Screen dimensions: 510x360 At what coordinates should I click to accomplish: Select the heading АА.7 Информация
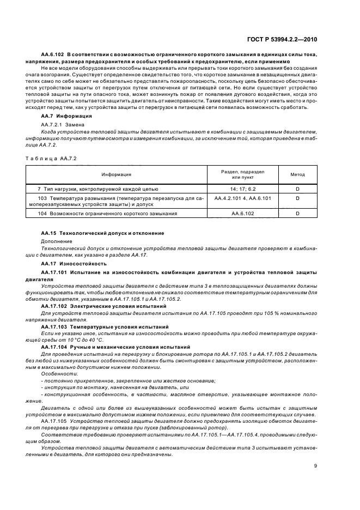click(x=64, y=117)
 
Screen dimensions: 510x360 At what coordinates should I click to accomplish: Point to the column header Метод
click(x=297, y=174)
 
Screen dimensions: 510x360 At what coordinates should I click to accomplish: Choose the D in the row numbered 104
click(x=297, y=214)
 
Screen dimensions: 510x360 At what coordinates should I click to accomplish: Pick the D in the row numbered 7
click(x=297, y=188)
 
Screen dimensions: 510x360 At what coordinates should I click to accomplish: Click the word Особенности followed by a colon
click(x=56, y=373)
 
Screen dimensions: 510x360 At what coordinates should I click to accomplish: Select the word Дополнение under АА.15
click(x=56, y=240)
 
